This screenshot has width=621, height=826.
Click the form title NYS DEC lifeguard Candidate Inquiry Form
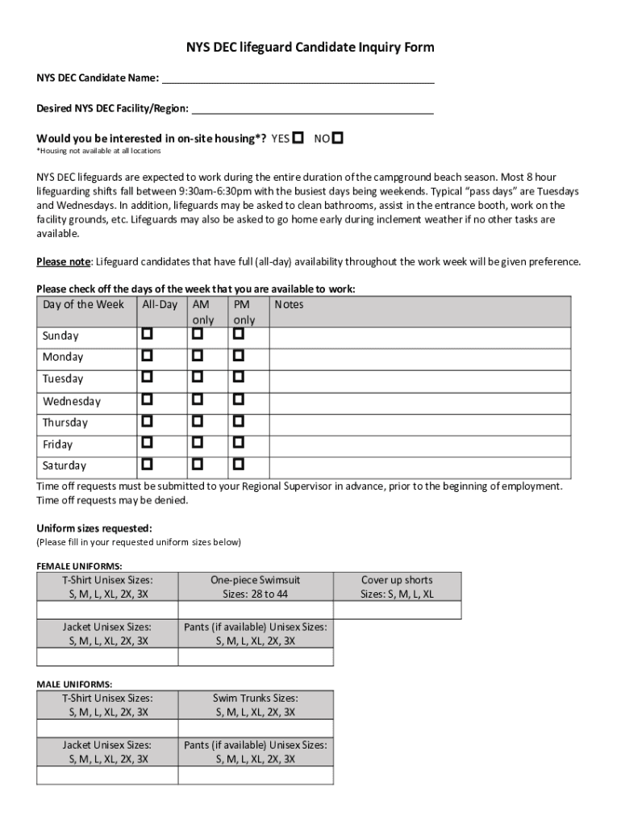[310, 48]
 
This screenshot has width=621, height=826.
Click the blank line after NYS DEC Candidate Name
[298, 79]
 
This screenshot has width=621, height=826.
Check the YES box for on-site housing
[298, 138]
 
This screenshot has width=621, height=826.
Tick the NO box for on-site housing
[338, 138]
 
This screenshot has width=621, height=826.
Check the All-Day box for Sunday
[148, 334]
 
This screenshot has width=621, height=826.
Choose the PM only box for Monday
[239, 356]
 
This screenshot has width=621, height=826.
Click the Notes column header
[289, 305]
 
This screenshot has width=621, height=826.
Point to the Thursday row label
[65, 423]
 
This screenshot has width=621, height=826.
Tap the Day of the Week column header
[84, 305]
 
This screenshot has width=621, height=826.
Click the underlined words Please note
[63, 262]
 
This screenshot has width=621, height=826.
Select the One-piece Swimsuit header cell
[255, 586]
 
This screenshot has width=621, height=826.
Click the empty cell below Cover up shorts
[397, 610]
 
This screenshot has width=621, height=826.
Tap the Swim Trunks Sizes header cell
[255, 705]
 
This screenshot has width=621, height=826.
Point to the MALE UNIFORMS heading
[74, 684]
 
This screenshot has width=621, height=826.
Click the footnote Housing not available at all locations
[98, 151]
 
